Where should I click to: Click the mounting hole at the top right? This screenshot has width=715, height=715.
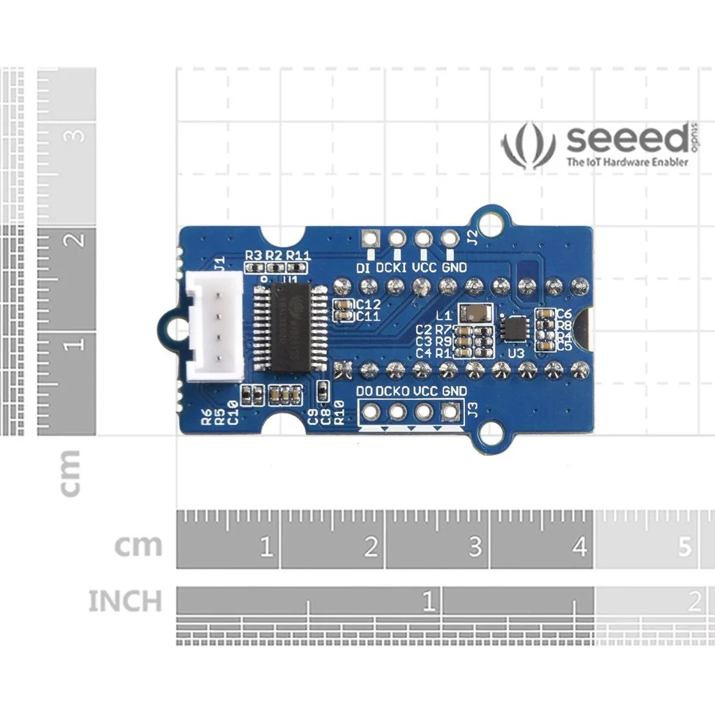click(493, 221)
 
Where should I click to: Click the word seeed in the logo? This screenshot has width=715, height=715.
click(627, 140)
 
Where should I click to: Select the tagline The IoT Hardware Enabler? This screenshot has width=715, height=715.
click(627, 162)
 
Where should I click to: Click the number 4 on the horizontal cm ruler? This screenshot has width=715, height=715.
click(580, 547)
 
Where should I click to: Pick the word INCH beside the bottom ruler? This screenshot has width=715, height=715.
click(125, 601)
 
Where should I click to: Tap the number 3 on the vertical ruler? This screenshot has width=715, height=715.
click(77, 135)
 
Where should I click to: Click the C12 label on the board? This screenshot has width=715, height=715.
click(367, 305)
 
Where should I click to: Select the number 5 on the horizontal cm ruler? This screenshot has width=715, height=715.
click(685, 547)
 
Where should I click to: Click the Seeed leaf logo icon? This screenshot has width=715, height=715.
click(528, 145)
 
